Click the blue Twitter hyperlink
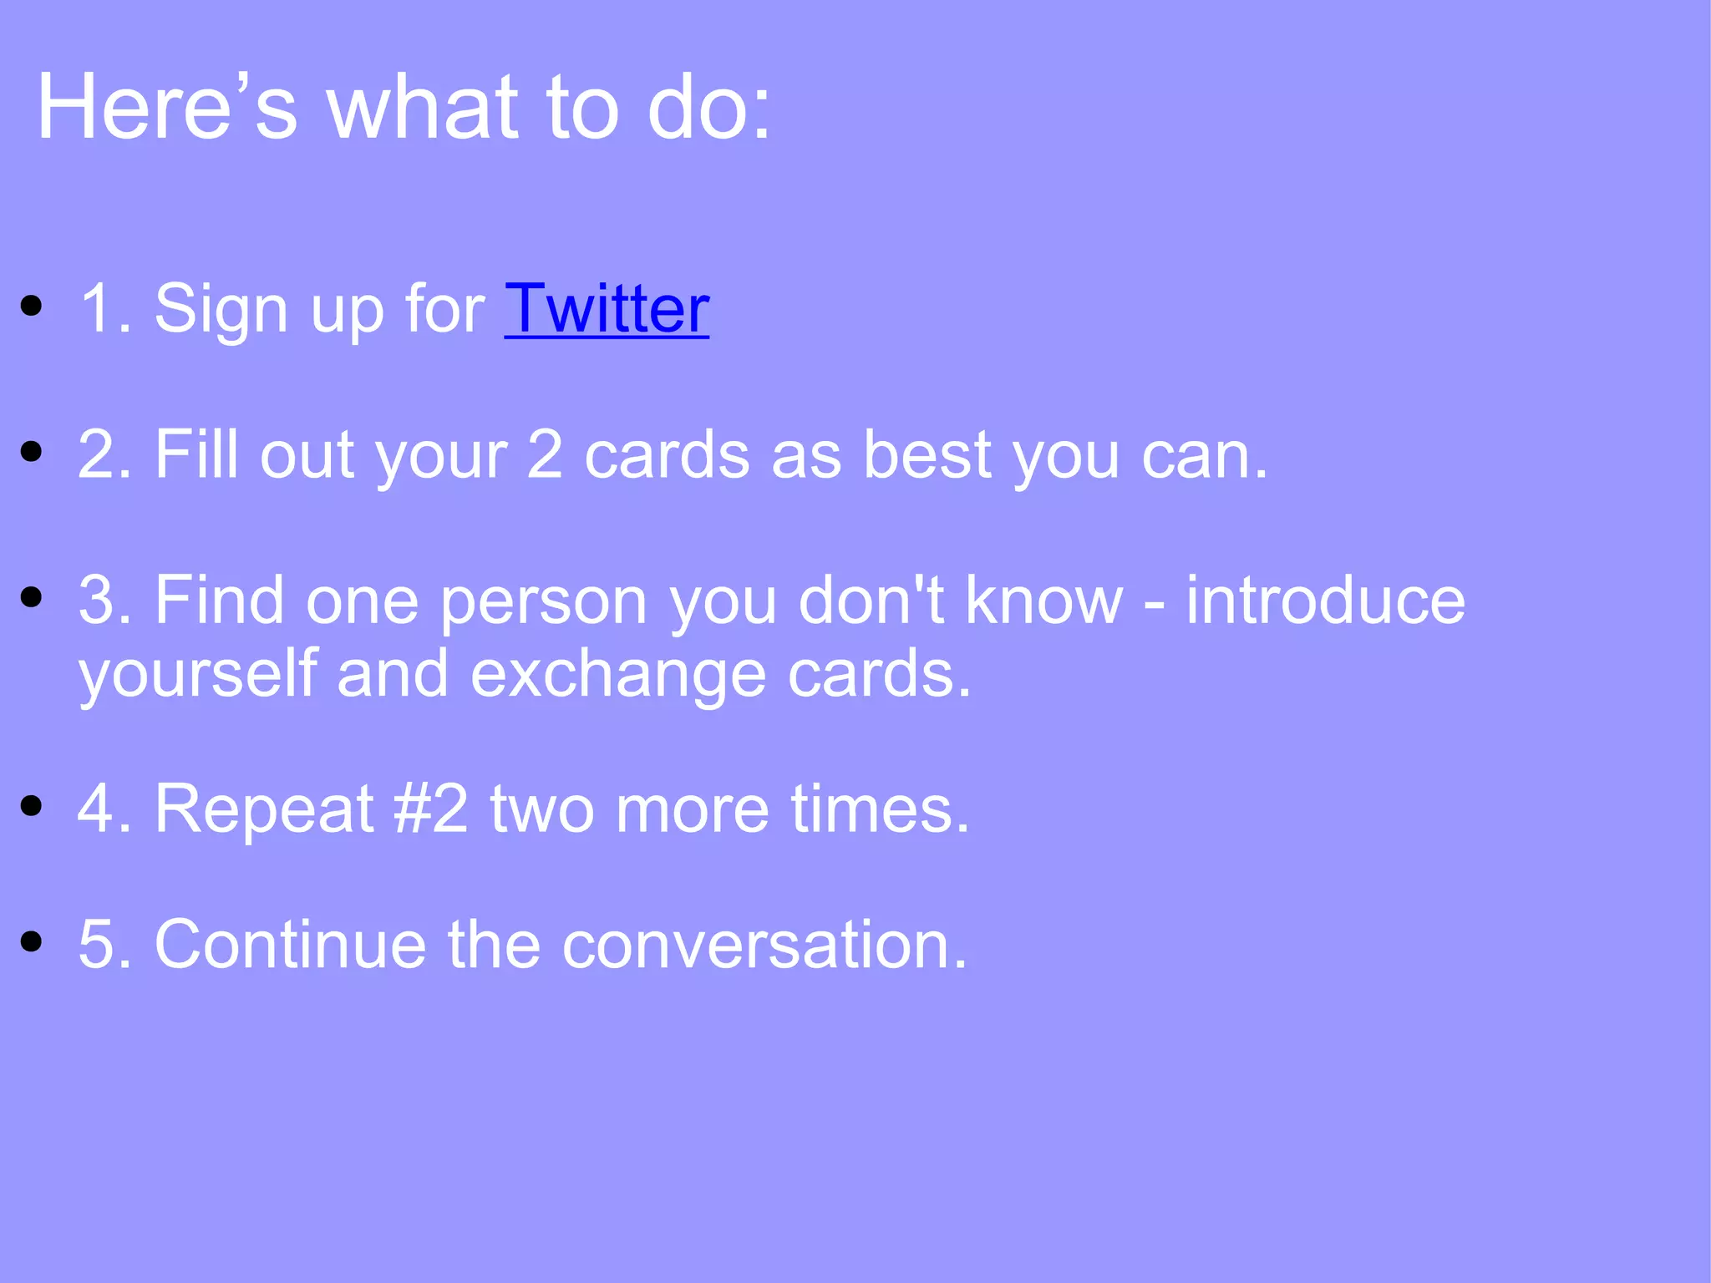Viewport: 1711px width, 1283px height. tap(607, 309)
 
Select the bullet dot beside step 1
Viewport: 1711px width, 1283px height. tap(32, 306)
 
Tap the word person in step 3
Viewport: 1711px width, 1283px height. tap(543, 601)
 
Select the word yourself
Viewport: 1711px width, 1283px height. tap(197, 673)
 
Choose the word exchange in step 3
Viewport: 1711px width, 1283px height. tap(618, 673)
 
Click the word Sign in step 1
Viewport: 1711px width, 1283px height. tap(221, 309)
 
